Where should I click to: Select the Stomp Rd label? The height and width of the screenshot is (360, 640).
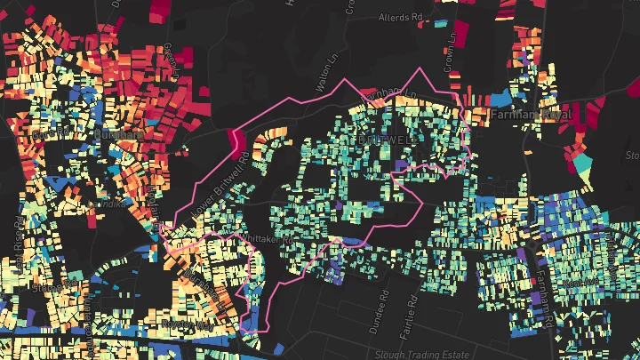[49, 287]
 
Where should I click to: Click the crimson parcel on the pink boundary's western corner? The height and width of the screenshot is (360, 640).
[236, 140]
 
